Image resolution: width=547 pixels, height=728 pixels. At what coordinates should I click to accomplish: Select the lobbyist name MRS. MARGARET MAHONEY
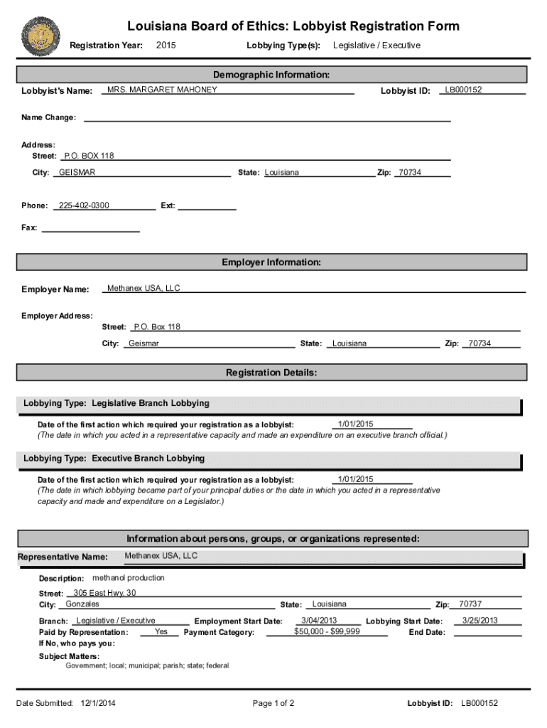click(162, 90)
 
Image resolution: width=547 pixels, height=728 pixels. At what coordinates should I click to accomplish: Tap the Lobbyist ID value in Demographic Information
click(463, 90)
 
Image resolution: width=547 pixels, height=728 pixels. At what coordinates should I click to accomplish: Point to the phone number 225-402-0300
click(84, 205)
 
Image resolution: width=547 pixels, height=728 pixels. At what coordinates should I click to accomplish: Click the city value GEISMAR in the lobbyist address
click(77, 173)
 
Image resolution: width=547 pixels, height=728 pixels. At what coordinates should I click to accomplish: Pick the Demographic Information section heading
click(271, 75)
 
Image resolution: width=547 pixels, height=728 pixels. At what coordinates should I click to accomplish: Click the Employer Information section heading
click(271, 262)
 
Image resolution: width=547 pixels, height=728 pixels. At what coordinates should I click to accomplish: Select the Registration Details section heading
click(271, 373)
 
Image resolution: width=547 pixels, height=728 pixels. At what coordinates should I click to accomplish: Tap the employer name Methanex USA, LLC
click(143, 288)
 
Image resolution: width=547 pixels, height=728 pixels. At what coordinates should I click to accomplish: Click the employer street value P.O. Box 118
click(157, 327)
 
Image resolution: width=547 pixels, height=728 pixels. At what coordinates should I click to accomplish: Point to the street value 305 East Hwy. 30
click(104, 593)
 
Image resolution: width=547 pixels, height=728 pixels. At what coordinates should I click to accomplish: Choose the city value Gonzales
click(82, 604)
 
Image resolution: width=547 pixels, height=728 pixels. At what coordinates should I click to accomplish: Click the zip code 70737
click(470, 604)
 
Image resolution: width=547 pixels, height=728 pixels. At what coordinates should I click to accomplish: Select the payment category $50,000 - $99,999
click(327, 631)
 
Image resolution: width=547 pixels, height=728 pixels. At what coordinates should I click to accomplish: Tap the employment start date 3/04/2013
click(319, 621)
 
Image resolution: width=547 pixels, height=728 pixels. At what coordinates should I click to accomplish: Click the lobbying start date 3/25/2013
click(480, 621)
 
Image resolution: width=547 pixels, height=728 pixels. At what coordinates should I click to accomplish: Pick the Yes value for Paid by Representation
click(161, 631)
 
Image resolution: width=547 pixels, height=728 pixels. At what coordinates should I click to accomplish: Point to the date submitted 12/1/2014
click(99, 703)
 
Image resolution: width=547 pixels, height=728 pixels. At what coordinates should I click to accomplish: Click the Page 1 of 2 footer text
click(273, 703)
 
